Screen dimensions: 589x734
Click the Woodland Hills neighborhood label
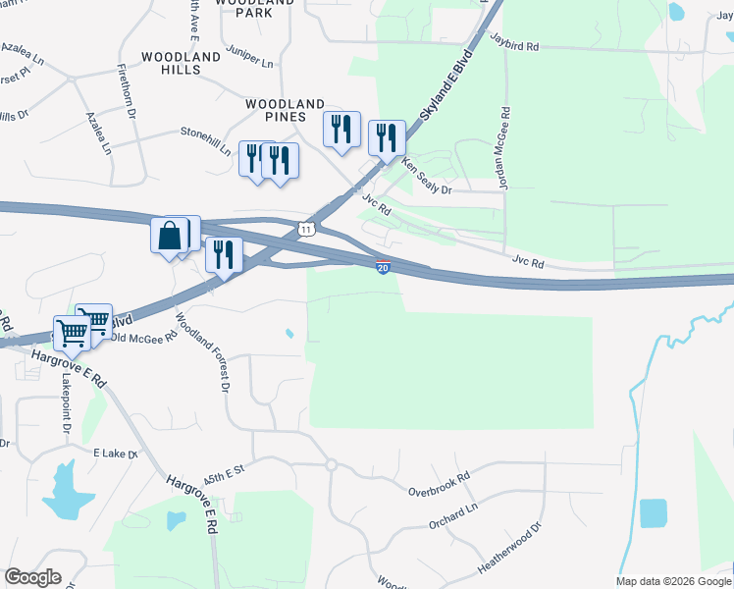[181, 64]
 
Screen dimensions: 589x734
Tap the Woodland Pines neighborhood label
[285, 110]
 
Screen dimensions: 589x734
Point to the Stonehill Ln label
[205, 139]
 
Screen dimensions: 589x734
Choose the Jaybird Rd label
[513, 46]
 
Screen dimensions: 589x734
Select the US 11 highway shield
[307, 228]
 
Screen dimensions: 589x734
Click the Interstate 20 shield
[383, 267]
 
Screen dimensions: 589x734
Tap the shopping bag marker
[168, 236]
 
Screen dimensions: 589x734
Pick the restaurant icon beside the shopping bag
[225, 254]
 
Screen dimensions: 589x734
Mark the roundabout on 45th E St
[332, 464]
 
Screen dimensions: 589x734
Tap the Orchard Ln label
[452, 517]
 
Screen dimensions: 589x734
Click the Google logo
[32, 577]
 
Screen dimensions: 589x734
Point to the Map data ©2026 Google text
[673, 581]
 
